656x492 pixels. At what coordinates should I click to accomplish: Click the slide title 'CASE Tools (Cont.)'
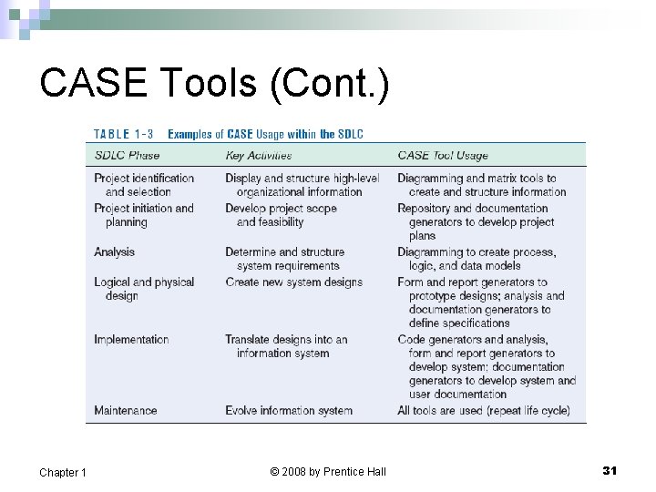[215, 84]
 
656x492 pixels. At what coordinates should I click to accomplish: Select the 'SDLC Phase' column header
[127, 156]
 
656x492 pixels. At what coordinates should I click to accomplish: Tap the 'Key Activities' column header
[259, 156]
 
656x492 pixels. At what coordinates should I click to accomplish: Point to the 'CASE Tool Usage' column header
[443, 156]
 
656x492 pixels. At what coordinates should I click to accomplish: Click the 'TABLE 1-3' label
[124, 135]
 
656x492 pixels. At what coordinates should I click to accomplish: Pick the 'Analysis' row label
[114, 252]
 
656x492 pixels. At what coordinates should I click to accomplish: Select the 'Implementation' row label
[131, 340]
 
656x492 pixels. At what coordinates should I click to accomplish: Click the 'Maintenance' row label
[126, 411]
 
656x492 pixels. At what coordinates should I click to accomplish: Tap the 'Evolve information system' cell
[289, 411]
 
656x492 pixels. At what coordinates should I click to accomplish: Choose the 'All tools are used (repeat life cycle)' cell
[484, 411]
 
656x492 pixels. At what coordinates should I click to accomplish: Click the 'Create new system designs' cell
[293, 282]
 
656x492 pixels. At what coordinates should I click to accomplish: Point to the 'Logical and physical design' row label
[144, 289]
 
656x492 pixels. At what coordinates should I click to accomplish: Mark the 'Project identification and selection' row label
[144, 185]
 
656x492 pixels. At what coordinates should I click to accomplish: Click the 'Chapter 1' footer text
[63, 472]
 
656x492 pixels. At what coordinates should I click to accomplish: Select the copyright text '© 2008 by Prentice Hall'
[328, 471]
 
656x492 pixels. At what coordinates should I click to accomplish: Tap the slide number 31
[610, 470]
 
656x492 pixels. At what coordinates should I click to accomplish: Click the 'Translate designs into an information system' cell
[286, 346]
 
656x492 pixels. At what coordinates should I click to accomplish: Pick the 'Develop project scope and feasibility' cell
[281, 215]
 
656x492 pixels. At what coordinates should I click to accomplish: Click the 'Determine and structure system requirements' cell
[284, 259]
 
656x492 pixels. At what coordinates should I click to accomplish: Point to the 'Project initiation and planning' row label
[144, 215]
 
